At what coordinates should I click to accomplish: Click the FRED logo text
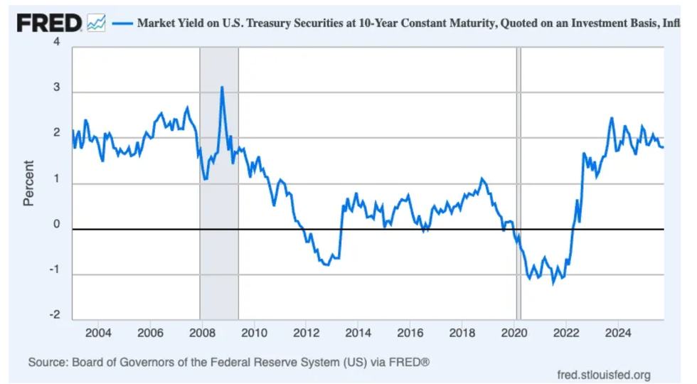click(49, 23)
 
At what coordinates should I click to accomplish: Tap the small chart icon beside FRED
click(96, 23)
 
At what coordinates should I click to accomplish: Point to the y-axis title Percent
click(28, 183)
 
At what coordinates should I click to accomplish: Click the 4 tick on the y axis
click(57, 43)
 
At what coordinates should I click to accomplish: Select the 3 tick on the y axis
click(57, 92)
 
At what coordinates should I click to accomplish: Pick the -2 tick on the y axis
click(55, 316)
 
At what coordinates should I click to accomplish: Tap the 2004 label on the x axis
click(98, 333)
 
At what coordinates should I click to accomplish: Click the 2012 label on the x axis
click(306, 333)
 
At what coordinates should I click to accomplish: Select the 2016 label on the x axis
click(410, 333)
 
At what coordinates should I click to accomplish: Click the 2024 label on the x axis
click(618, 333)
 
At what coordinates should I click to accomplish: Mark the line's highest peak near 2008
click(222, 87)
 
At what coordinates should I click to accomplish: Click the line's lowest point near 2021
click(553, 283)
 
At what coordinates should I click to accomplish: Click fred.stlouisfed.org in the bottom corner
click(605, 375)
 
